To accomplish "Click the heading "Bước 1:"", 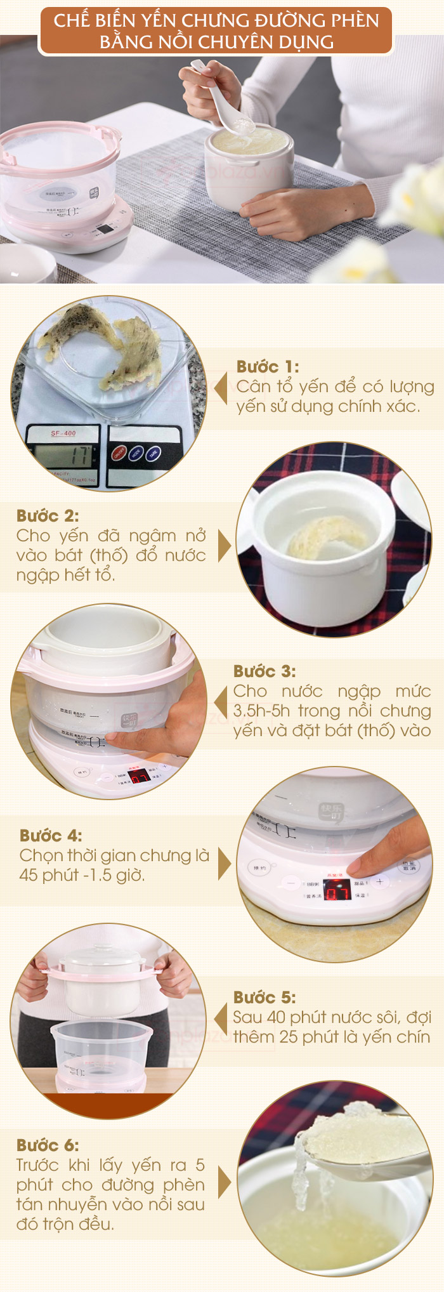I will tap(267, 367).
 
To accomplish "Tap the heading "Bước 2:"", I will tap(48, 515).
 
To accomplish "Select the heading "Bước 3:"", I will tap(264, 671).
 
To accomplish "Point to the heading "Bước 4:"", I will tap(51, 835).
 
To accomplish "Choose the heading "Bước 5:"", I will tap(264, 997).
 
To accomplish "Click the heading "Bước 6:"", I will tap(48, 1145).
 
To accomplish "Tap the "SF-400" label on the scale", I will tap(63, 433).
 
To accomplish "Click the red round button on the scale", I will tap(119, 453).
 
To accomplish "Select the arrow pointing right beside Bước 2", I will tap(224, 545).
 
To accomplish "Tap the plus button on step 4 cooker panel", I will tap(379, 881).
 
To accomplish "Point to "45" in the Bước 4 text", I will tap(29, 875).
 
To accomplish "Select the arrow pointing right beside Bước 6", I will tap(224, 1182).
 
